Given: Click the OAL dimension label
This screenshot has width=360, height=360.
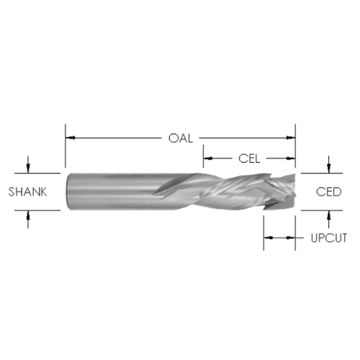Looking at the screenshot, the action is tap(181, 138).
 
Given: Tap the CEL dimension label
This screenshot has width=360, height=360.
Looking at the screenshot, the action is tap(249, 158).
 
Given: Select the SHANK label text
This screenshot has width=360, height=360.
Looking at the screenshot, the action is tap(27, 192).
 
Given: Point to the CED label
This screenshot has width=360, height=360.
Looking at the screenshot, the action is tap(328, 192).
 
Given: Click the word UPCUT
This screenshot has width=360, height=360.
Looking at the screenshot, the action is tap(329, 238).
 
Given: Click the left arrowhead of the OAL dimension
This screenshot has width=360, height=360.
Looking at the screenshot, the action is tap(71, 138).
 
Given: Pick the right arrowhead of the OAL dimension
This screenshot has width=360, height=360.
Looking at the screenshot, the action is tap(291, 138).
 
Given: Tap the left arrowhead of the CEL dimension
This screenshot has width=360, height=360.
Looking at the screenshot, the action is tap(208, 158).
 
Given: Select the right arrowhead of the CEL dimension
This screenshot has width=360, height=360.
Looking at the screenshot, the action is tap(291, 158).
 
